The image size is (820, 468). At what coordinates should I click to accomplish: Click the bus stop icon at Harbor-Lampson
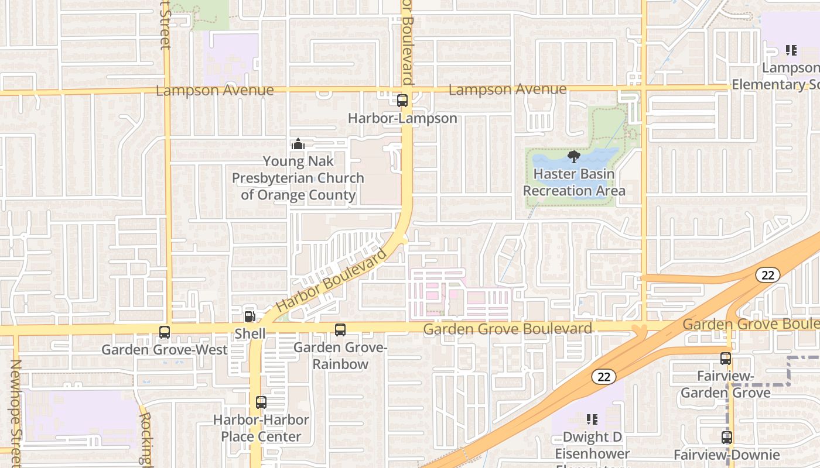(402, 100)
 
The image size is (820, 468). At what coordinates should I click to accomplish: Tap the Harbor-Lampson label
(402, 118)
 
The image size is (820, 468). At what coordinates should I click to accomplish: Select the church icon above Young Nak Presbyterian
(298, 143)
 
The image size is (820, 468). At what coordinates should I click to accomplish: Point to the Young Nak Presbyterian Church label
(298, 178)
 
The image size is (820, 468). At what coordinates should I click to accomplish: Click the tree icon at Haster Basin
(574, 156)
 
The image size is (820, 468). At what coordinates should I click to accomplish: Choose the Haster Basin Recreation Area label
(574, 183)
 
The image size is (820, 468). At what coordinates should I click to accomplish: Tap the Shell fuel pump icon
(250, 316)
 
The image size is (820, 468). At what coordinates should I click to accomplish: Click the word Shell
(250, 333)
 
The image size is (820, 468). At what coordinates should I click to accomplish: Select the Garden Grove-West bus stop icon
(165, 332)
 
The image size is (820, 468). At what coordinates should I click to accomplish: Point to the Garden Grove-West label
(165, 350)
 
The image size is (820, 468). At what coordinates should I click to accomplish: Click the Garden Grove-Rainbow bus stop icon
(340, 330)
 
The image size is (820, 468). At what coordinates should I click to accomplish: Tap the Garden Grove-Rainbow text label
(340, 356)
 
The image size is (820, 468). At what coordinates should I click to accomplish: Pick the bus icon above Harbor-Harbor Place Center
(261, 402)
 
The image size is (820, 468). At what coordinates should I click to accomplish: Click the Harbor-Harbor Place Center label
(261, 428)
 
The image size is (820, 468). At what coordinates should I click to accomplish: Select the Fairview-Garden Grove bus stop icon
(726, 359)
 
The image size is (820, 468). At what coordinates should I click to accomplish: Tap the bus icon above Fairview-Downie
(727, 438)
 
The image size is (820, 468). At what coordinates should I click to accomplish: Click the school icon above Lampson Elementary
(791, 50)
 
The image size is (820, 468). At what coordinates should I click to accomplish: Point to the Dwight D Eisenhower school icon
(592, 419)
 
